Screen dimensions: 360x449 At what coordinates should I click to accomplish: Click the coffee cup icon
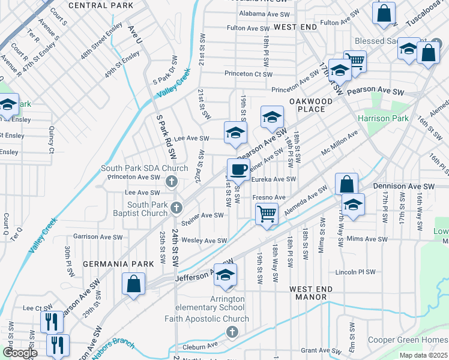238,170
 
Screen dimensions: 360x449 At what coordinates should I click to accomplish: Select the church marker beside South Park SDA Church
171,181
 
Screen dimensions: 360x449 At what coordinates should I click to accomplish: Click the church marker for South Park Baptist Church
176,208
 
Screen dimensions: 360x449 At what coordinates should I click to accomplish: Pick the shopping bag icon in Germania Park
134,284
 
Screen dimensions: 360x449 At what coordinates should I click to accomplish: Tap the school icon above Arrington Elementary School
226,275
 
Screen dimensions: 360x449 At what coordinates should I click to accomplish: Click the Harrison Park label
383,118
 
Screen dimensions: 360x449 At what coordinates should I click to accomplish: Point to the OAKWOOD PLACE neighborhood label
311,105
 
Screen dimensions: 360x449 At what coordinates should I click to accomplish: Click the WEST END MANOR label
311,293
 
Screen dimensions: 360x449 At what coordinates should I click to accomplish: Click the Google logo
20,352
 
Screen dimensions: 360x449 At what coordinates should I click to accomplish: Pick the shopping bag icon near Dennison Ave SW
347,184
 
